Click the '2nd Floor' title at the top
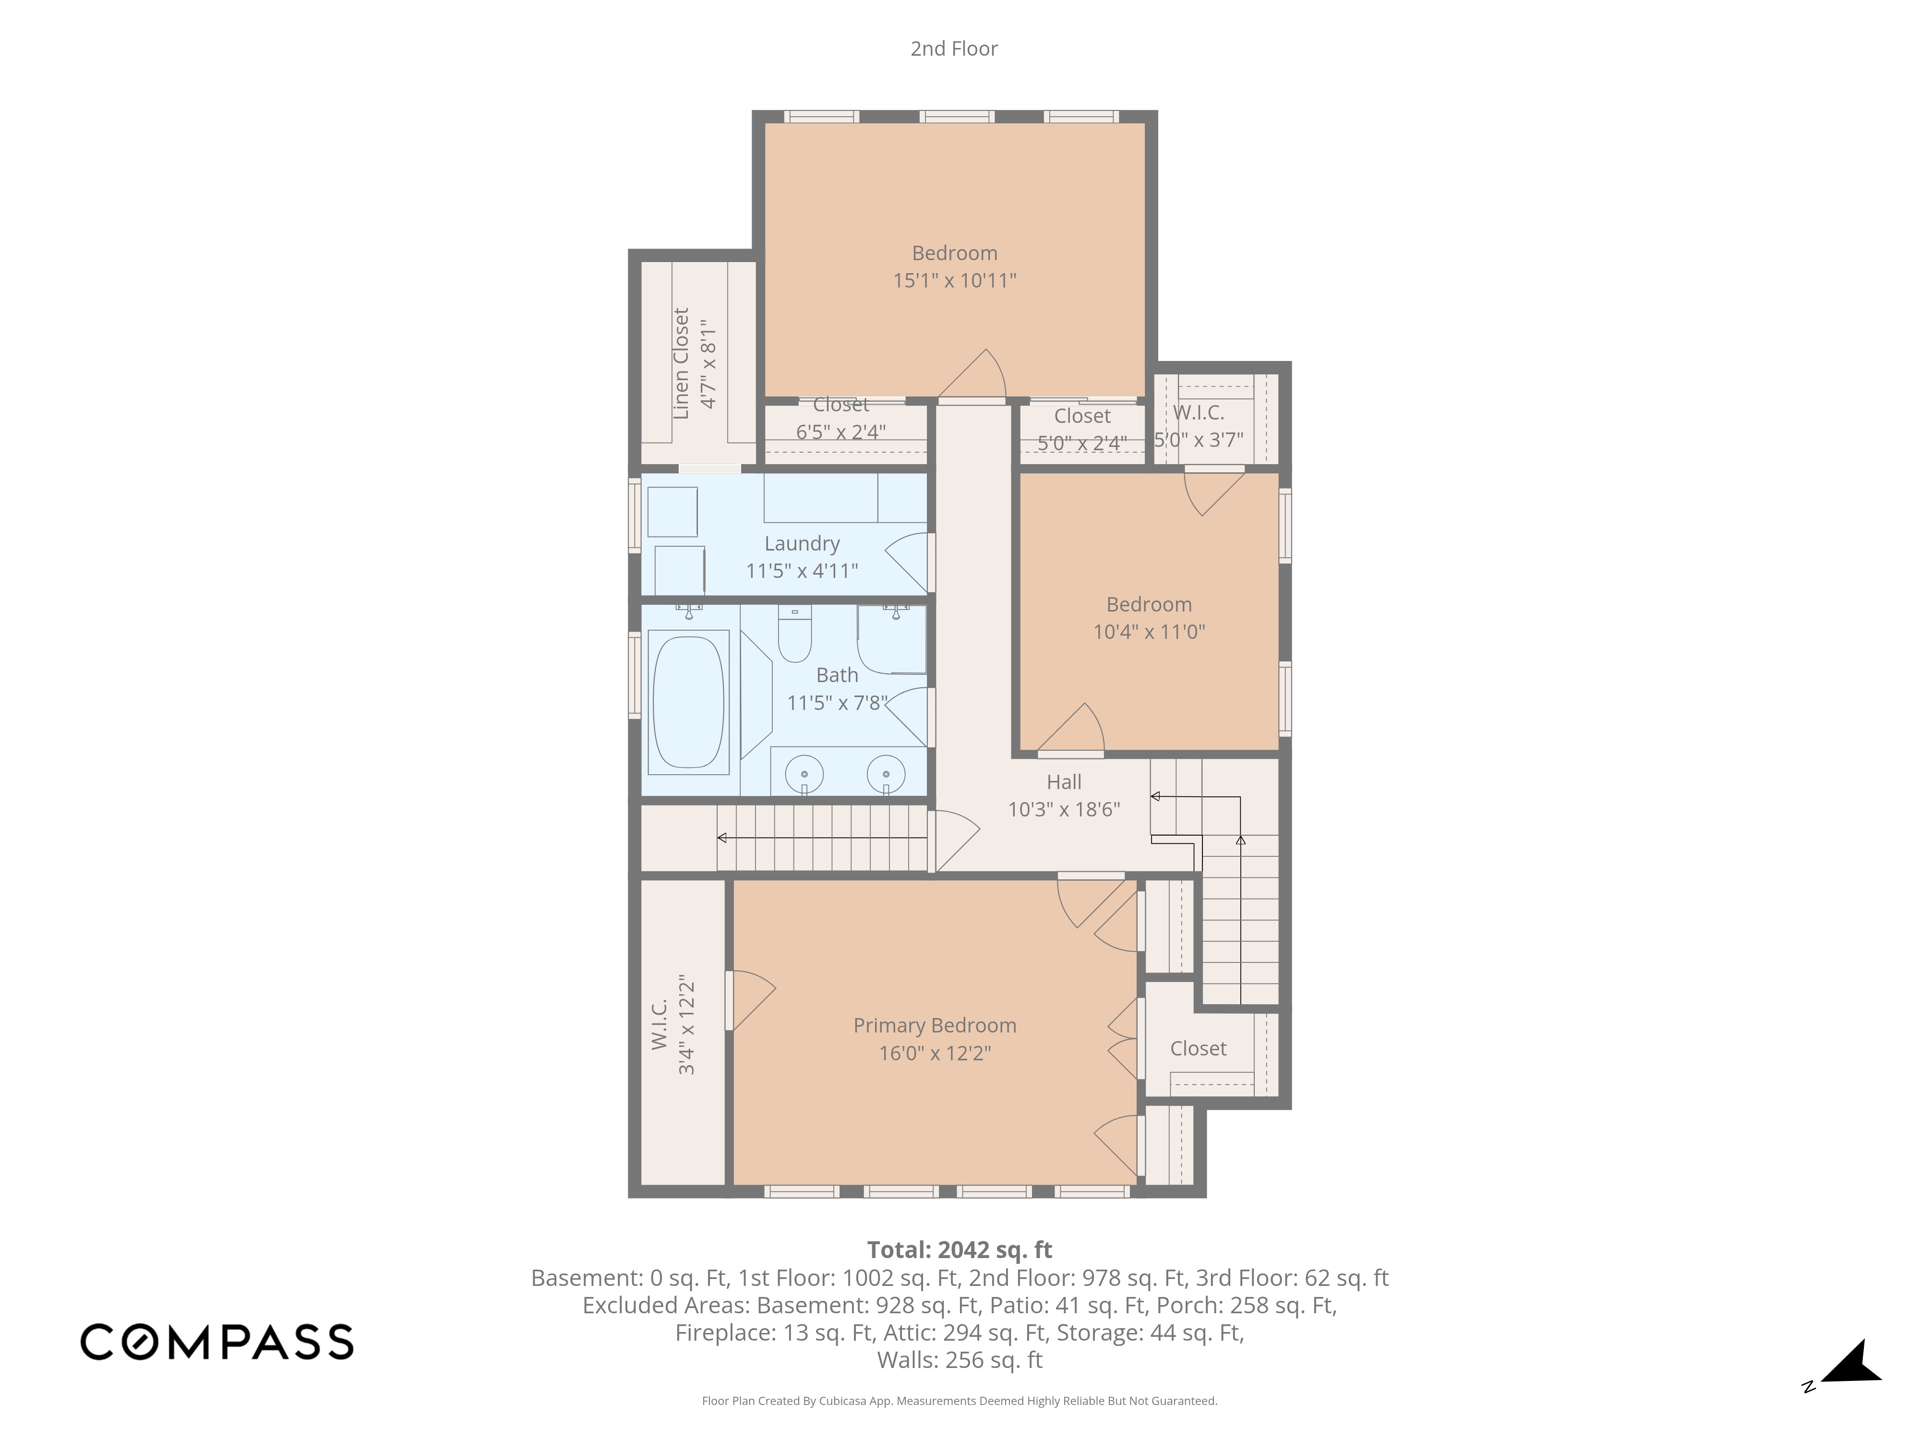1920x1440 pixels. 954,48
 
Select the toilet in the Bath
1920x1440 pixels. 794,634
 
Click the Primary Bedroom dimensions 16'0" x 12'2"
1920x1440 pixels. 935,1053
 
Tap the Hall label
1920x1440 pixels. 1064,782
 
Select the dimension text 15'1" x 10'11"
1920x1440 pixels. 955,280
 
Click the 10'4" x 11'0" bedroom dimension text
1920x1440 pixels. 1149,632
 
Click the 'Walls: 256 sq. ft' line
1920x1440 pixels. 960,1360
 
